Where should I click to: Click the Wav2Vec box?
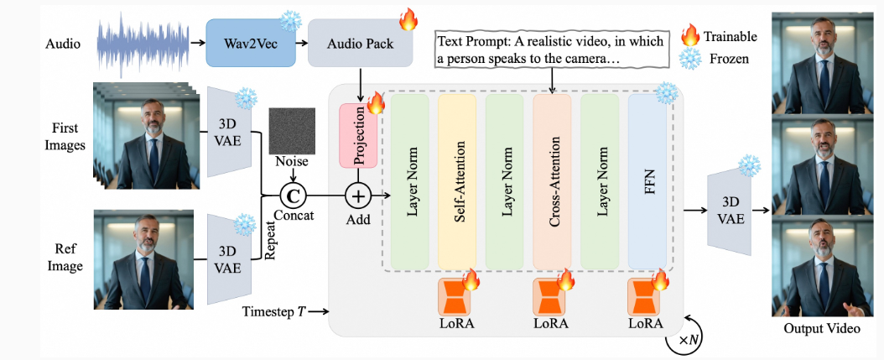(251, 43)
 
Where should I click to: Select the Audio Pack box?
(361, 43)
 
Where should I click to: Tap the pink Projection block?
(358, 135)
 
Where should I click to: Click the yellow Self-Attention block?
(457, 182)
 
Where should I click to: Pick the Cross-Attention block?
(552, 182)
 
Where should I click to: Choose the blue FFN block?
(647, 182)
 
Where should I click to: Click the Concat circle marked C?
(294, 196)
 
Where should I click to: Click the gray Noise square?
(293, 130)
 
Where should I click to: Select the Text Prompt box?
(549, 51)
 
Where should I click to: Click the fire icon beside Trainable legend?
(690, 35)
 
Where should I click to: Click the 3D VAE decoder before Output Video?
(729, 211)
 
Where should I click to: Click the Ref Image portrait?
(143, 259)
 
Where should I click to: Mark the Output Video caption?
(822, 328)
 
